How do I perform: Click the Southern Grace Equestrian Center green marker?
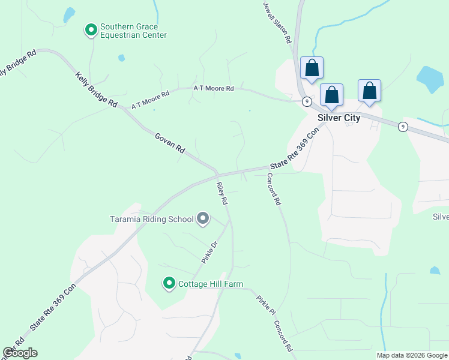tap(91, 29)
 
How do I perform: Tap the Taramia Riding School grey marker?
tap(203, 219)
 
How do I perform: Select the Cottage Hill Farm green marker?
tap(169, 283)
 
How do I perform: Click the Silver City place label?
tap(339, 118)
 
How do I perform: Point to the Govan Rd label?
tap(170, 144)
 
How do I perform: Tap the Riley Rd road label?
tap(222, 194)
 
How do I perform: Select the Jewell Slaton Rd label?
tap(277, 22)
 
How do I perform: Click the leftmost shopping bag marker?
tap(312, 68)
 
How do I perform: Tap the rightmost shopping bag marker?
tap(370, 91)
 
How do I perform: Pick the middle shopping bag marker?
tap(331, 95)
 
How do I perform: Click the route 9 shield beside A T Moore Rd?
tap(306, 101)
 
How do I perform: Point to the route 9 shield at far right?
tap(402, 125)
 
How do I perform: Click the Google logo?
tap(20, 353)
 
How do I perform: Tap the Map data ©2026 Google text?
tap(412, 355)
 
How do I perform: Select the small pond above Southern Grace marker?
tap(70, 14)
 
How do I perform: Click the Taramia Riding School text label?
tap(151, 219)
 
